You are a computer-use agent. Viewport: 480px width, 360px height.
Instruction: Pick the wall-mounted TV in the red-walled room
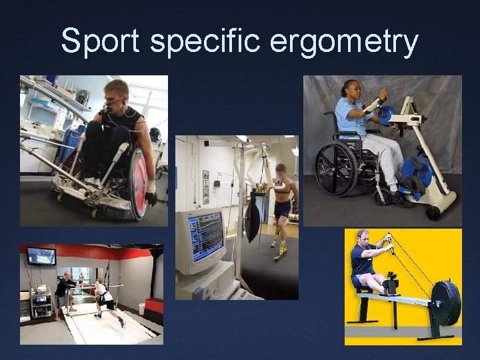coord(41,256)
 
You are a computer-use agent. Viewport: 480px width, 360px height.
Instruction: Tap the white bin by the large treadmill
coord(142,309)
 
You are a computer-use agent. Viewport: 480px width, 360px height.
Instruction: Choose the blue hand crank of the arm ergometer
coord(386,114)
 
